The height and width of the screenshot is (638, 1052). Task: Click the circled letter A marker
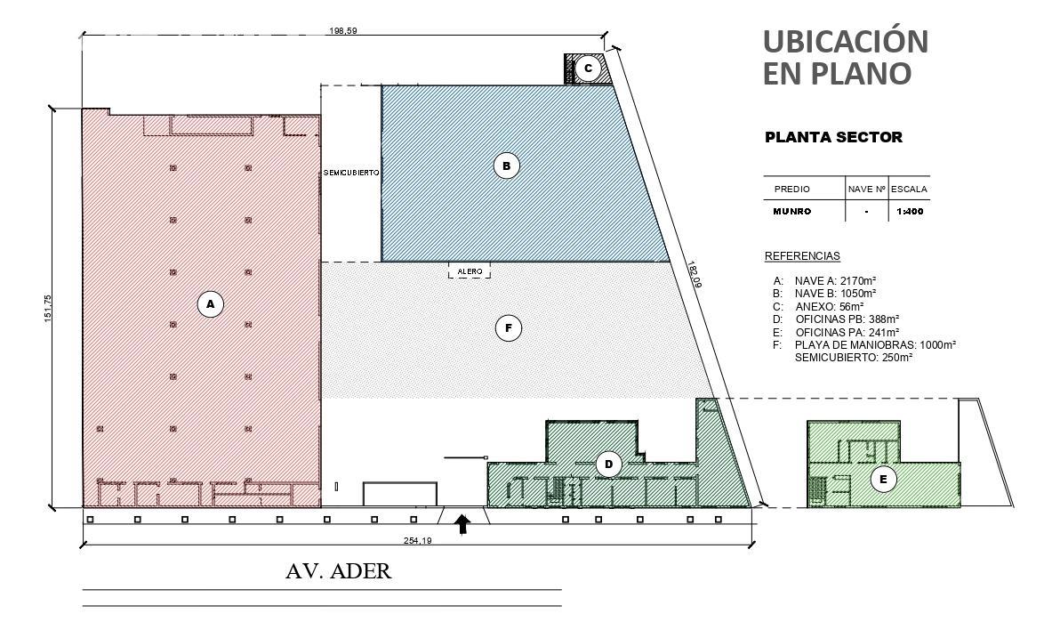(x=210, y=304)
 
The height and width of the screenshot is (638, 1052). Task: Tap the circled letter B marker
(x=507, y=166)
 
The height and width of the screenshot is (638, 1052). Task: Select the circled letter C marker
(x=588, y=69)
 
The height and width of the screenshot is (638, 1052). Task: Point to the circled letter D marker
(x=608, y=464)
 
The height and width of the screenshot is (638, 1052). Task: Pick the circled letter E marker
(x=883, y=480)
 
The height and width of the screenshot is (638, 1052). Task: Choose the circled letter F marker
(x=508, y=328)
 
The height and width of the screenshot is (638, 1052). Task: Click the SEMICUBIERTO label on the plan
(x=351, y=173)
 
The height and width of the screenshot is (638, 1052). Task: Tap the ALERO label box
(x=470, y=271)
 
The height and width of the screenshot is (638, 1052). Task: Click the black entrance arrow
(x=462, y=524)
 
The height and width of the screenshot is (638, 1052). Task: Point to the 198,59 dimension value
(x=343, y=30)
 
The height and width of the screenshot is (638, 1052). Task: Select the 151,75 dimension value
(x=48, y=308)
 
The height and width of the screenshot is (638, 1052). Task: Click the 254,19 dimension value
(x=417, y=541)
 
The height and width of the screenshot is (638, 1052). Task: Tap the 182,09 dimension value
(x=694, y=275)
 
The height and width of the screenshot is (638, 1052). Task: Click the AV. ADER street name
(x=338, y=571)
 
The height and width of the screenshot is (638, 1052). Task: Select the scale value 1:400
(x=910, y=212)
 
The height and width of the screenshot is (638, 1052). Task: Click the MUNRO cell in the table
(x=792, y=212)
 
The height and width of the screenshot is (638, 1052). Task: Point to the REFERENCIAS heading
(x=802, y=256)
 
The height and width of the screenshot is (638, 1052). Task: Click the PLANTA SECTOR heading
(x=834, y=138)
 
